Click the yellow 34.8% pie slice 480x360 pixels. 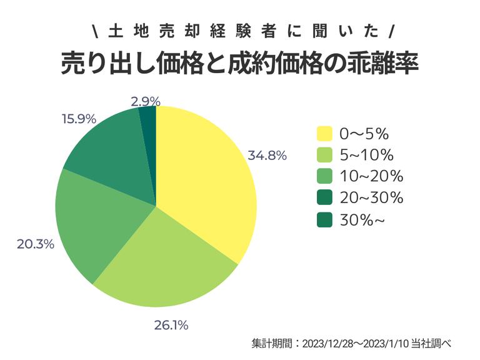tap(206, 181)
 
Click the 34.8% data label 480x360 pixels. tap(267, 155)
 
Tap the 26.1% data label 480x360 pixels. tap(171, 325)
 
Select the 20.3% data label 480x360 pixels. tap(35, 244)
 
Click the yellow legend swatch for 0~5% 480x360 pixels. tap(324, 134)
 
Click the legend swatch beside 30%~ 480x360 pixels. tap(324, 220)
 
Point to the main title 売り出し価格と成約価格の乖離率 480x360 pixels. tap(239, 63)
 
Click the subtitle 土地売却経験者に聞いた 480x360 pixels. tap(239, 30)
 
